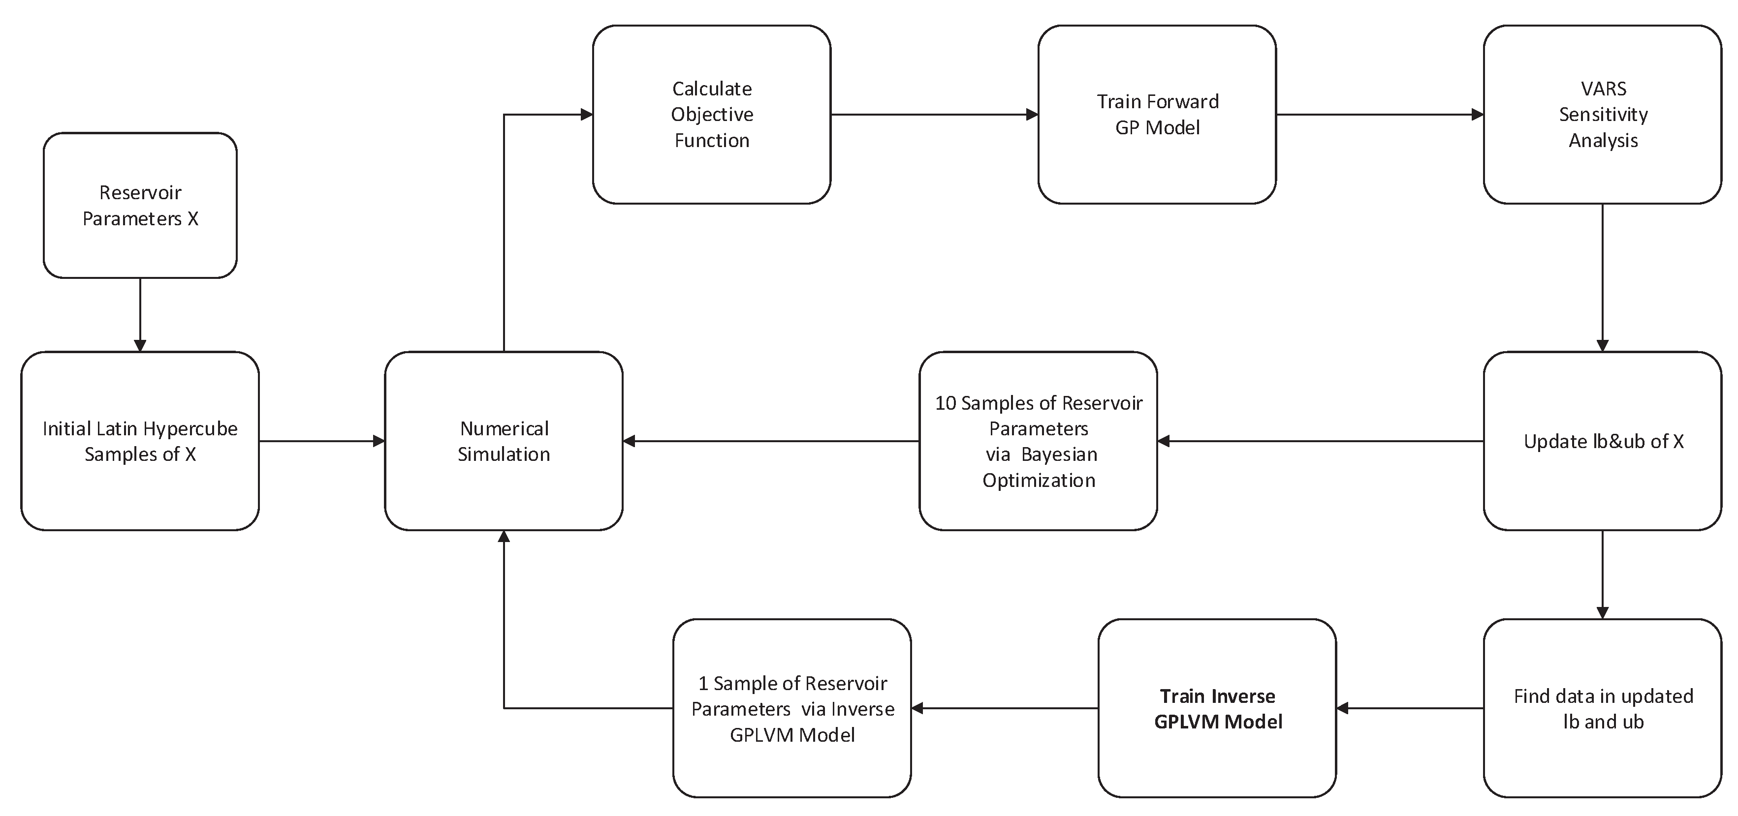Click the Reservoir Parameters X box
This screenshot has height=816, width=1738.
tap(140, 205)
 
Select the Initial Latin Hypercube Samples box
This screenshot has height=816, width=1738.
tap(140, 441)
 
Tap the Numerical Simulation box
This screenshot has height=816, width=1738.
tap(504, 441)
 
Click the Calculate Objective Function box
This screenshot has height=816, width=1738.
tap(711, 115)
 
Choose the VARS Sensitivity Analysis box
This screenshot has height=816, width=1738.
tap(1602, 115)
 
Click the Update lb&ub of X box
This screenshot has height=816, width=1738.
tap(1602, 441)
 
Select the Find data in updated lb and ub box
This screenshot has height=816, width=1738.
tap(1602, 708)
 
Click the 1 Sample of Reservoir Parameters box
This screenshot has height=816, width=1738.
tap(791, 708)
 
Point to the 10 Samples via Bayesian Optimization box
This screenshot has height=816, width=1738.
tap(1038, 441)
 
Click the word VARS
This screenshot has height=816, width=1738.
tap(1603, 89)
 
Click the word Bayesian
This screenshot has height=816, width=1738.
tap(1059, 454)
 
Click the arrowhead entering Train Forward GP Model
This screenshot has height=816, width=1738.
tap(1032, 115)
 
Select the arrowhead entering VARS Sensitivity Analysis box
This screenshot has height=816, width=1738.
tap(1477, 115)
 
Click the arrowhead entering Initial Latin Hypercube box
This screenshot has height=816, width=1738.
tap(140, 345)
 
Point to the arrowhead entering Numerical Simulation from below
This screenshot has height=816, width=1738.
tap(504, 537)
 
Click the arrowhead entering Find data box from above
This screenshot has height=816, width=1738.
tap(1602, 612)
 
